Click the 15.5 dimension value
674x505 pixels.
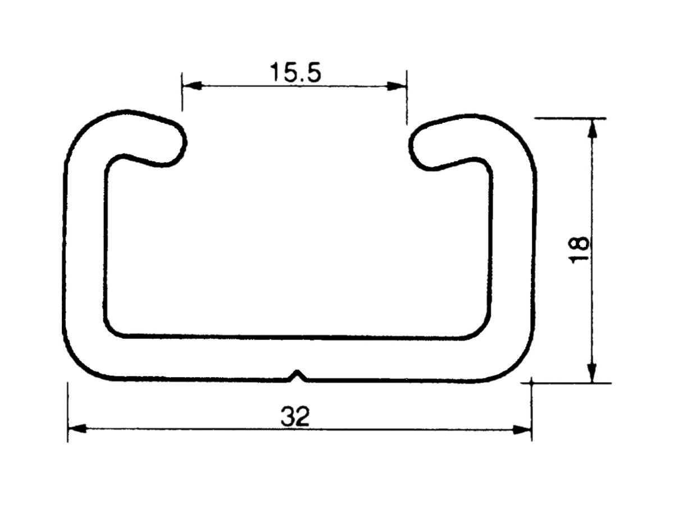[x=295, y=72]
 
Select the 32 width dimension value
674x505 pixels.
[x=295, y=417]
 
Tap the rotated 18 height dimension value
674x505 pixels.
[x=579, y=249]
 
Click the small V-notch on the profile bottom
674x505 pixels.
[x=298, y=375]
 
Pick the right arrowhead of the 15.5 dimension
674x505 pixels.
[x=397, y=86]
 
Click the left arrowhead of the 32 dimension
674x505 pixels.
[x=76, y=429]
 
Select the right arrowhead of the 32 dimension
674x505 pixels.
[x=522, y=429]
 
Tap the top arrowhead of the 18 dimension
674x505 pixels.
[x=591, y=128]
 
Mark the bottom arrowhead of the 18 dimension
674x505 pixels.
[x=591, y=373]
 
